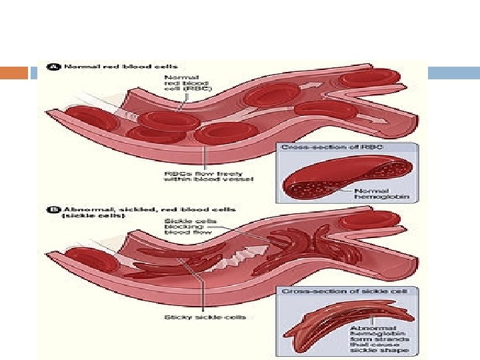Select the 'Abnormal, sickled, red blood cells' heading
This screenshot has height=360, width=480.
tap(123, 208)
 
